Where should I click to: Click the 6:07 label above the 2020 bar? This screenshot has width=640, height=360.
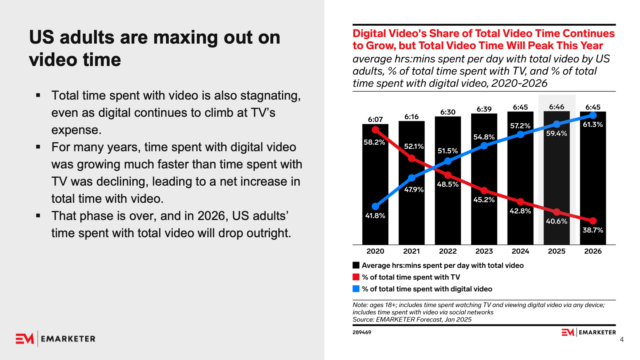pyautogui.click(x=375, y=119)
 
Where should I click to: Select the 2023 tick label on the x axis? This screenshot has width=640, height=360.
pyautogui.click(x=484, y=251)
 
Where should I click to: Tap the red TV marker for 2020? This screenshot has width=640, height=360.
pyautogui.click(x=375, y=130)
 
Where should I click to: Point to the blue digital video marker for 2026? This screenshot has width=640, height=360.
pyautogui.click(x=593, y=116)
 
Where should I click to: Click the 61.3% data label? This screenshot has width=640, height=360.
pyautogui.click(x=592, y=124)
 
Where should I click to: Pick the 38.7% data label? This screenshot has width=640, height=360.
pyautogui.click(x=592, y=230)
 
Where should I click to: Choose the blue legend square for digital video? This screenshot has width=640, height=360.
pyautogui.click(x=356, y=289)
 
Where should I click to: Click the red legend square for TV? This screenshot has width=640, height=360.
pyautogui.click(x=356, y=277)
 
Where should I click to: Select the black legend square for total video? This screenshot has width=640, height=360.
pyautogui.click(x=356, y=265)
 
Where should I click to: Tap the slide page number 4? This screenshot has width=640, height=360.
pyautogui.click(x=622, y=340)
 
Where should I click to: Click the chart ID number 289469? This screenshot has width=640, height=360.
pyautogui.click(x=362, y=332)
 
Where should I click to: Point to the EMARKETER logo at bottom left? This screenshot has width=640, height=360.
pyautogui.click(x=56, y=339)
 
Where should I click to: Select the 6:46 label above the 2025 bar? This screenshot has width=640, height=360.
pyautogui.click(x=556, y=107)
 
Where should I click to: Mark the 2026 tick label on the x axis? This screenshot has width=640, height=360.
pyautogui.click(x=593, y=251)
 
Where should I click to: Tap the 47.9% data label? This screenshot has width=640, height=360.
pyautogui.click(x=414, y=190)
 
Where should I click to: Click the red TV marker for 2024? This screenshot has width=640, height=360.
pyautogui.click(x=520, y=202)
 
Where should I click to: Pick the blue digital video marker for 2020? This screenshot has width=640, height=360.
pyautogui.click(x=375, y=206)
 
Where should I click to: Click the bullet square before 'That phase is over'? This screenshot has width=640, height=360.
pyautogui.click(x=38, y=216)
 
